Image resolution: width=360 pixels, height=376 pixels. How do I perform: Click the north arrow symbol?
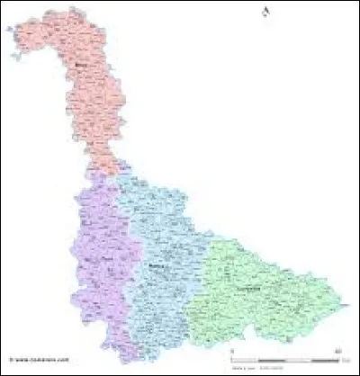(x=266, y=11)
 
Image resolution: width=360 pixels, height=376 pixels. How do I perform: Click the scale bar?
(x=284, y=358)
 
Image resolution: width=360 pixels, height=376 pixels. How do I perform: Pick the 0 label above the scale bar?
(x=232, y=351)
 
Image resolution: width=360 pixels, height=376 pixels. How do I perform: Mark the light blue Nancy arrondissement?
(x=162, y=234)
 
